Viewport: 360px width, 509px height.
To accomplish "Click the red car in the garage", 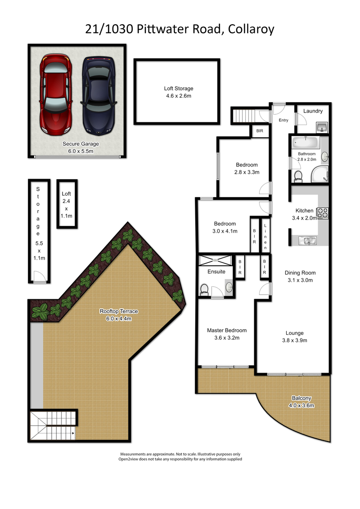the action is (x=56, y=94).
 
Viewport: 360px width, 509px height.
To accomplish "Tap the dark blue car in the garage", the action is (x=99, y=96).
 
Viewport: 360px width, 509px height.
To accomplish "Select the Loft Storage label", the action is (x=179, y=88).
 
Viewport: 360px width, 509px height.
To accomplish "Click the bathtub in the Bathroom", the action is (x=306, y=142).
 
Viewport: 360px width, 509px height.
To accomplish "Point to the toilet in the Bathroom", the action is (x=298, y=176).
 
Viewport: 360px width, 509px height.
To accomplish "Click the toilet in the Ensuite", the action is (x=204, y=289).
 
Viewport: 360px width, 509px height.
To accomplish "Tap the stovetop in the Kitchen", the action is (x=322, y=212).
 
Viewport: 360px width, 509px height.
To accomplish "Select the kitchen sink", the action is (x=307, y=240).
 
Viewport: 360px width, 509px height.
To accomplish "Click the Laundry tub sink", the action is (x=322, y=127).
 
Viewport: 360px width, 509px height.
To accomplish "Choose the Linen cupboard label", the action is (x=265, y=236).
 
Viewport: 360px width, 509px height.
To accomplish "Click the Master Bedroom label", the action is (x=227, y=330).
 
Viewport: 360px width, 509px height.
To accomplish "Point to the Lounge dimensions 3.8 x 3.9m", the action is (x=294, y=340).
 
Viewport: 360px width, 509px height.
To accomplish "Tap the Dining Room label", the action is (x=300, y=273).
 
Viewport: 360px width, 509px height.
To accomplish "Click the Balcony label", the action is (x=301, y=398).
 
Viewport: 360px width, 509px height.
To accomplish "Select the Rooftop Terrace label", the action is (x=119, y=311).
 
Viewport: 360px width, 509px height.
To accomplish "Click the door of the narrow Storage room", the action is (x=39, y=277).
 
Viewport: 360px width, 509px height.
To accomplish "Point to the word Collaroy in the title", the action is (x=251, y=29).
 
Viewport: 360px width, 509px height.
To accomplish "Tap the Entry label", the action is (x=283, y=120).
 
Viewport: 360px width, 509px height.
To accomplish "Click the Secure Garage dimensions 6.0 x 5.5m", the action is (x=81, y=151).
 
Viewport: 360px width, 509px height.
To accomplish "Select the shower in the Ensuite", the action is (x=215, y=261).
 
